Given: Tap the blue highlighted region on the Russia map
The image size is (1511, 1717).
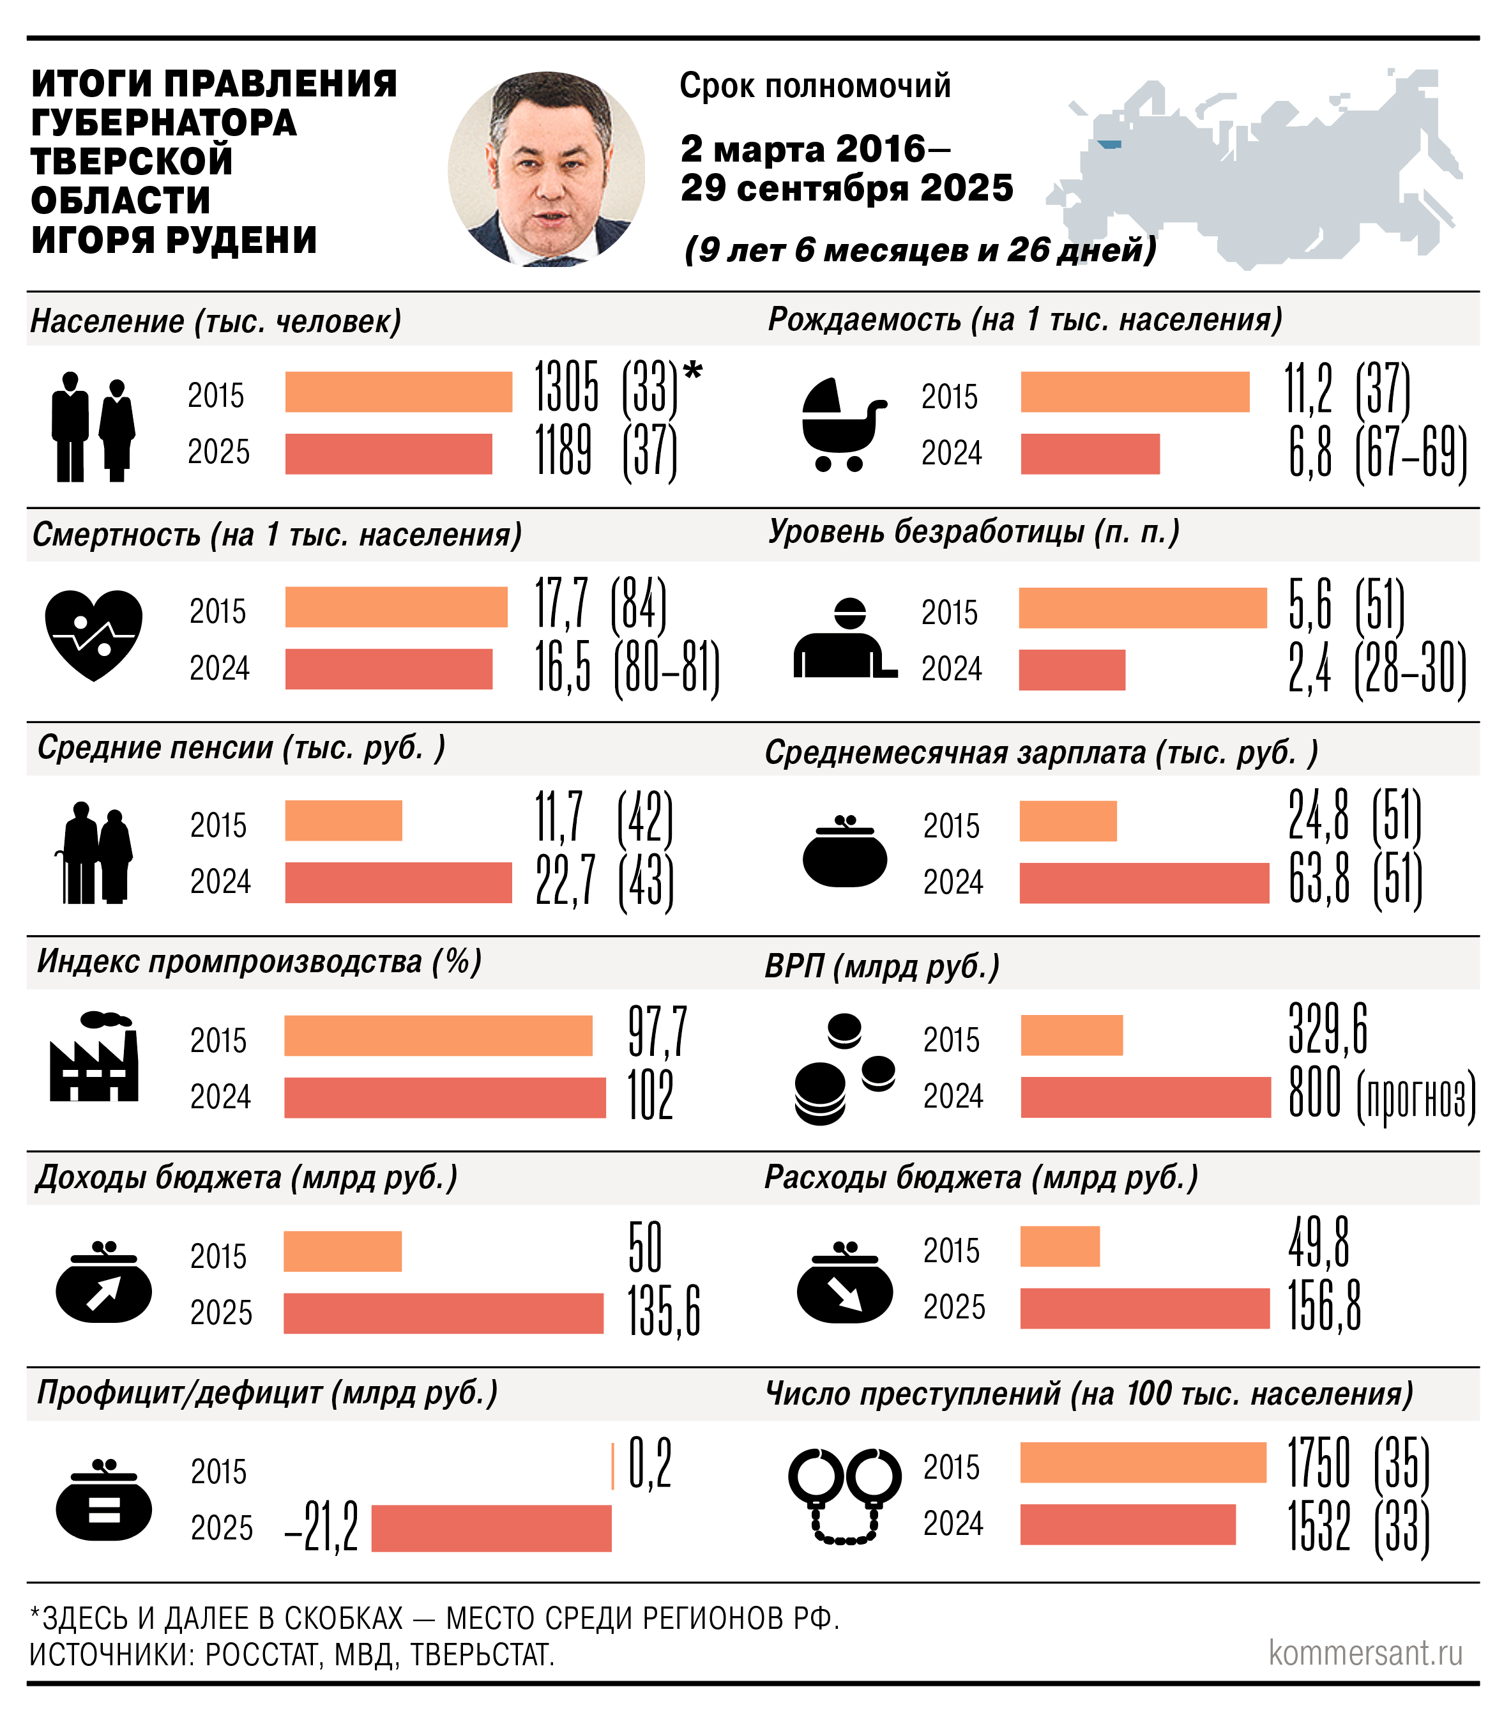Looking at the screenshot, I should click(1109, 144).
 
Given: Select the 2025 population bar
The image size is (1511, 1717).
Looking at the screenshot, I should click(388, 454).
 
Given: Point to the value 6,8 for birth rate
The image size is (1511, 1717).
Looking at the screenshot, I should click(1310, 454).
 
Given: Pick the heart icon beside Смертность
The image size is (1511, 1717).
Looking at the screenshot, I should click(93, 634).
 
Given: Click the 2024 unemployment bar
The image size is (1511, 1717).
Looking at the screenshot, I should click(1071, 669).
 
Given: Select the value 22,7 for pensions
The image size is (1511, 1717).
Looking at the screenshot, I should click(565, 881).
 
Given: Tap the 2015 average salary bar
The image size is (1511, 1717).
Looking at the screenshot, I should click(1068, 821).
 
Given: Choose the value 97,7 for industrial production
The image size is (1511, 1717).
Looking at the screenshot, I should click(658, 1032).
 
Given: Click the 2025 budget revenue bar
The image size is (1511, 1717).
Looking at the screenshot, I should click(443, 1313).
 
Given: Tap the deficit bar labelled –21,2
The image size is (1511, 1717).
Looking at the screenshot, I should click(490, 1528).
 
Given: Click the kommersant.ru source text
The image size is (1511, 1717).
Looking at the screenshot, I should click(1365, 1653).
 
